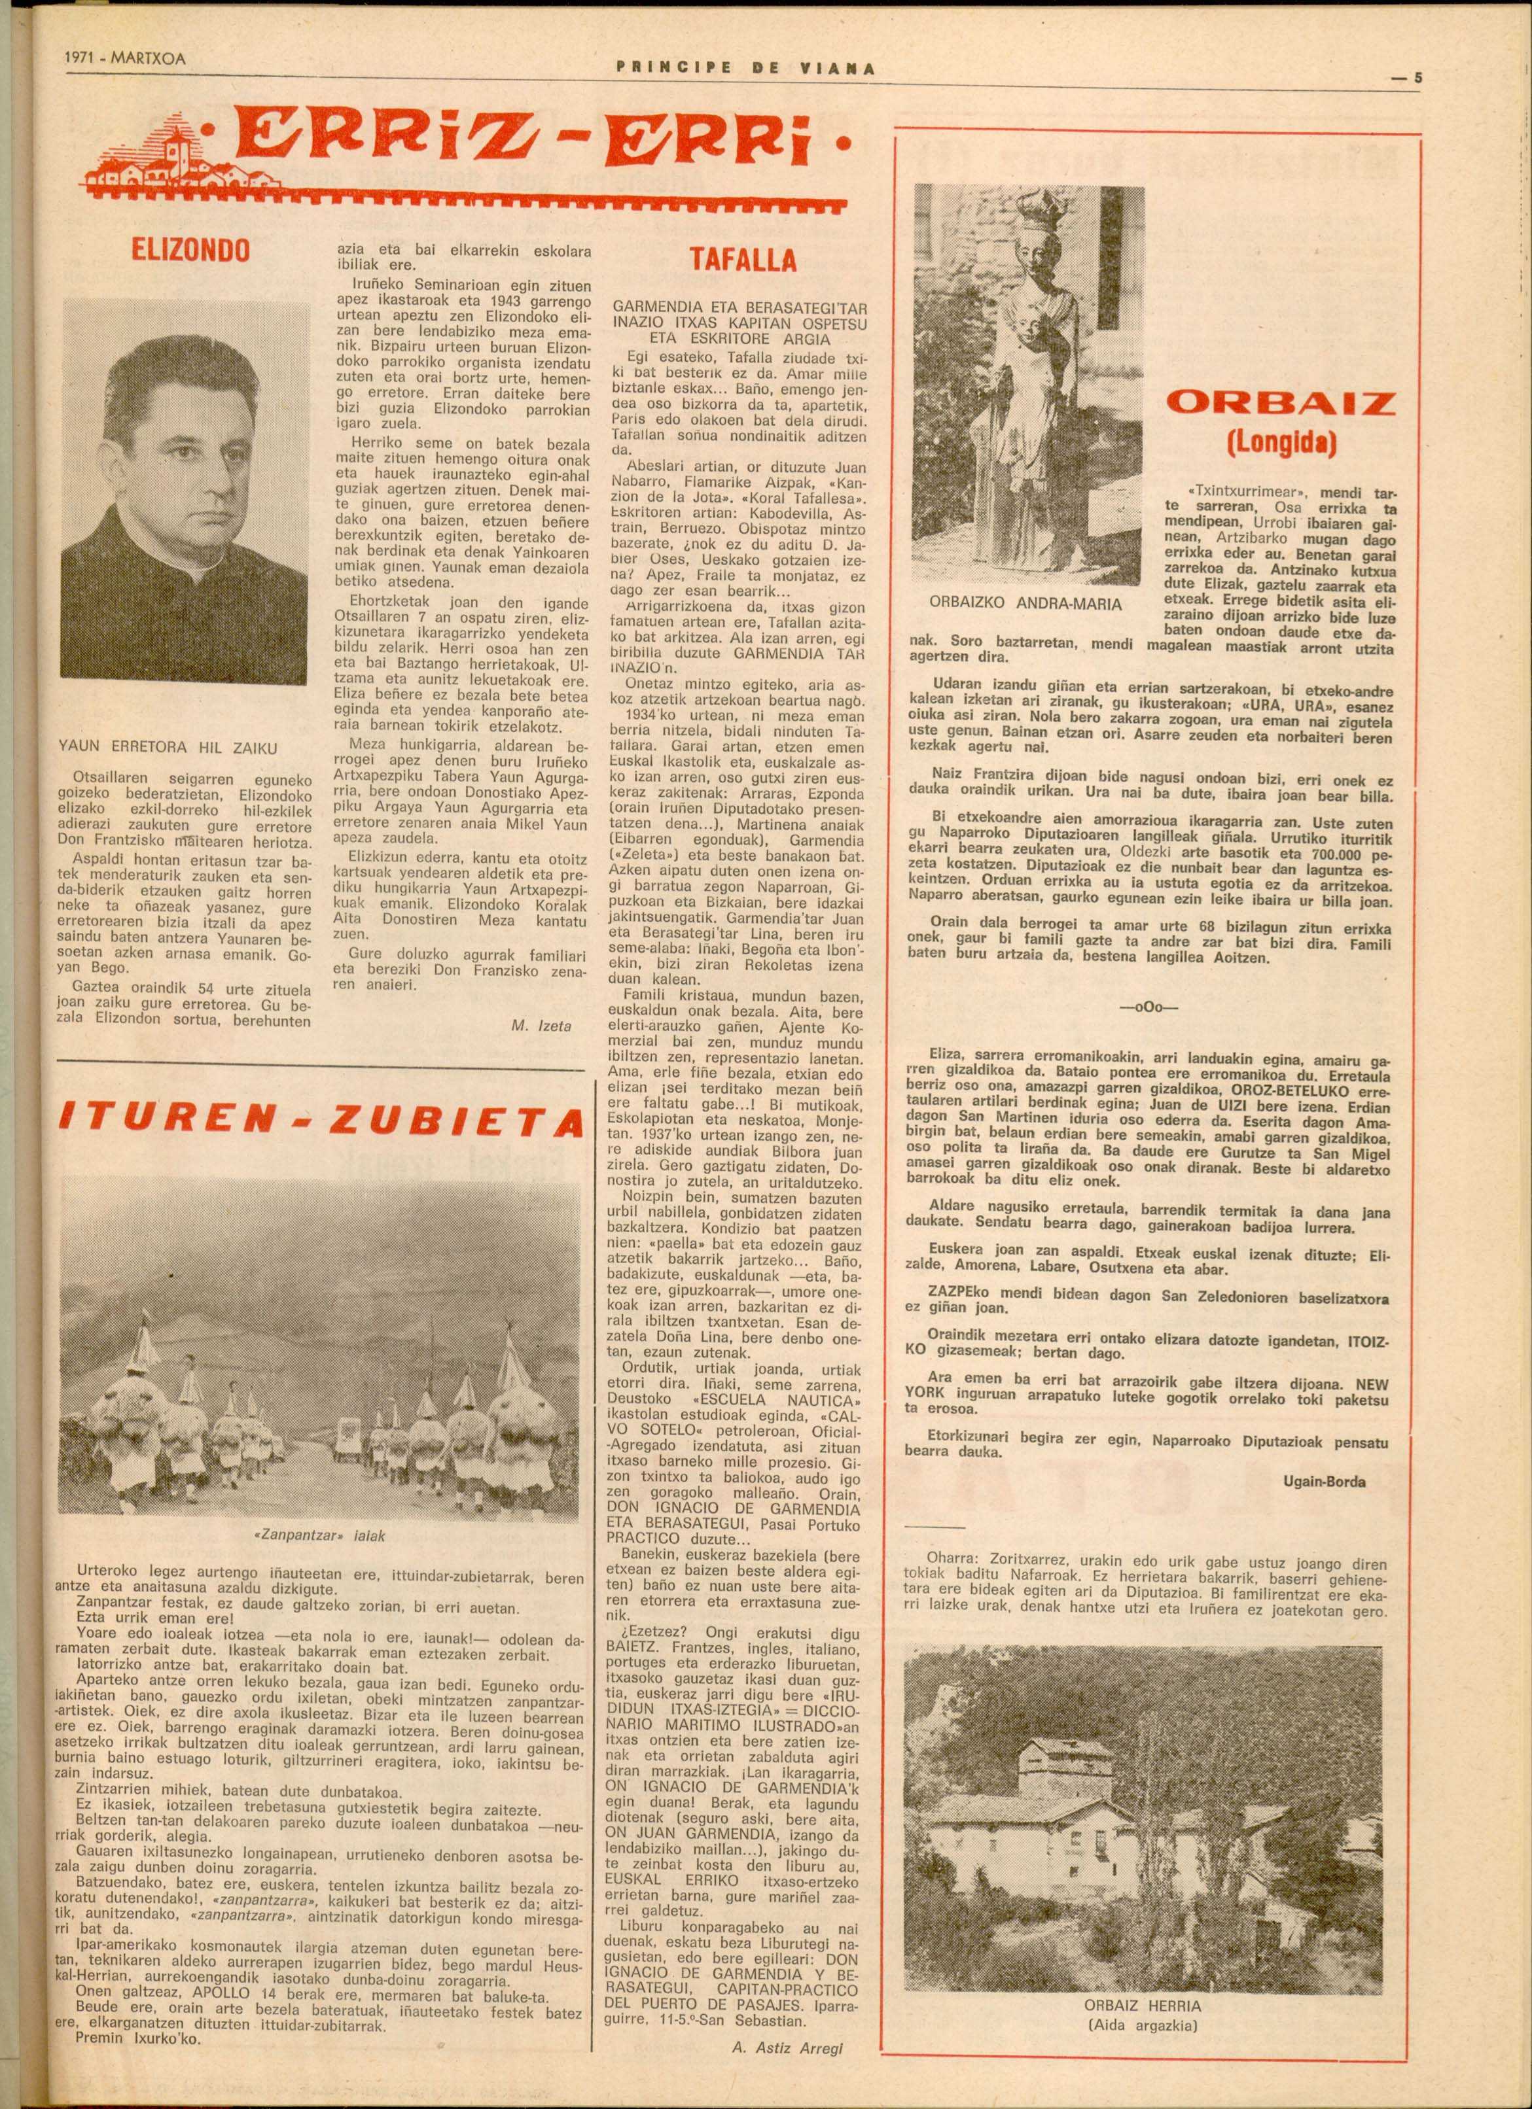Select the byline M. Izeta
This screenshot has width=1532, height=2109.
(541, 1026)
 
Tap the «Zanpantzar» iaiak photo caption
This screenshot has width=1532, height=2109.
(320, 1536)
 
